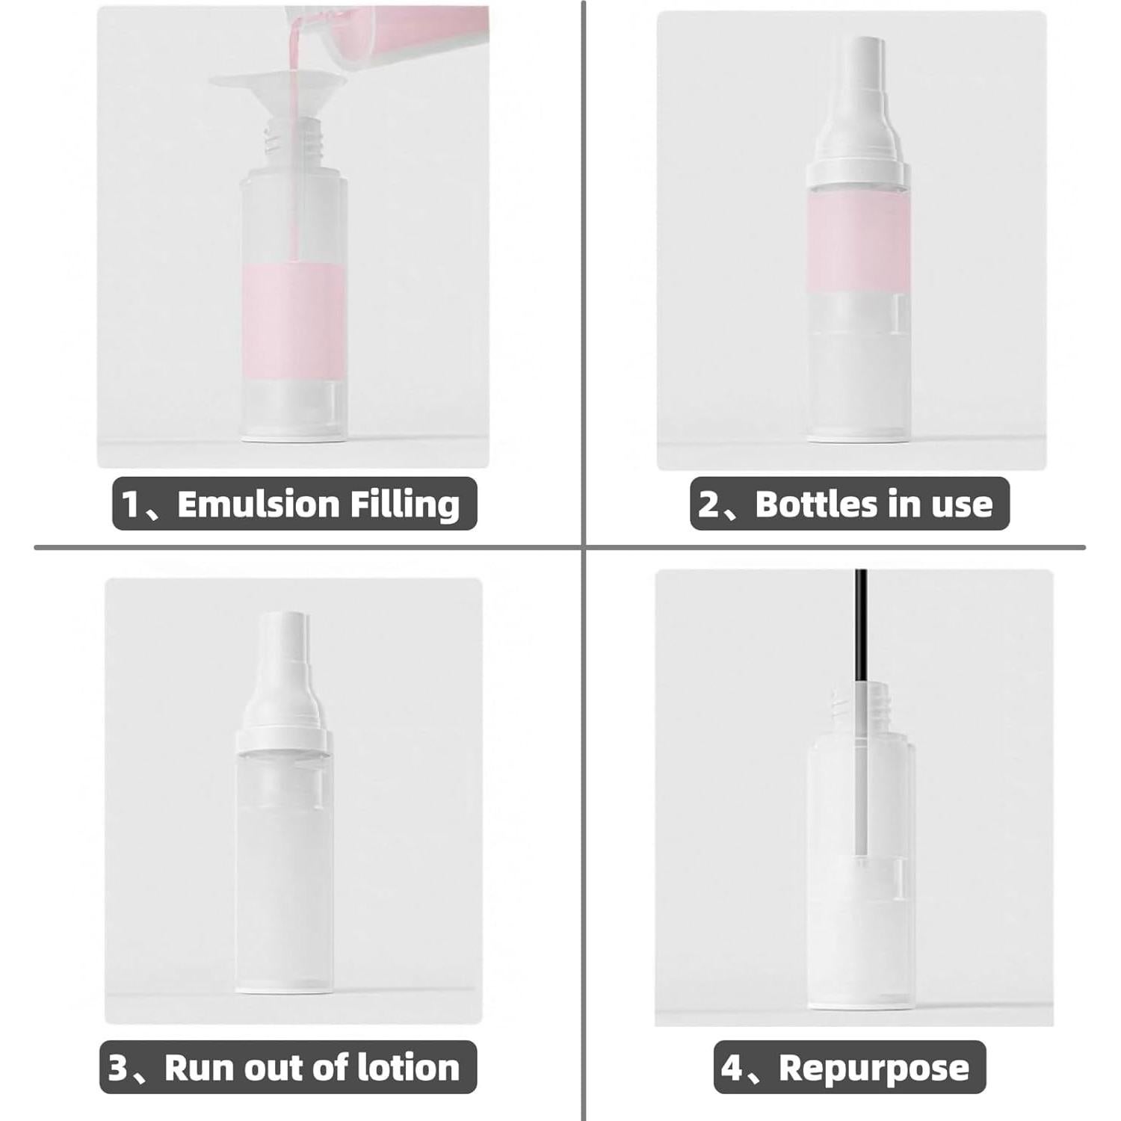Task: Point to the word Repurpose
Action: tap(874, 1067)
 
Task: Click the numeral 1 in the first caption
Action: tap(131, 504)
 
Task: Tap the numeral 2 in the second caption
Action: tap(708, 504)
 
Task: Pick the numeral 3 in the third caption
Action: tap(119, 1067)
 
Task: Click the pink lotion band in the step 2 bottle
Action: tap(859, 239)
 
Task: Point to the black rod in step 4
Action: tap(861, 620)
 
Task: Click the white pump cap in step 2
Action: tap(859, 120)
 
